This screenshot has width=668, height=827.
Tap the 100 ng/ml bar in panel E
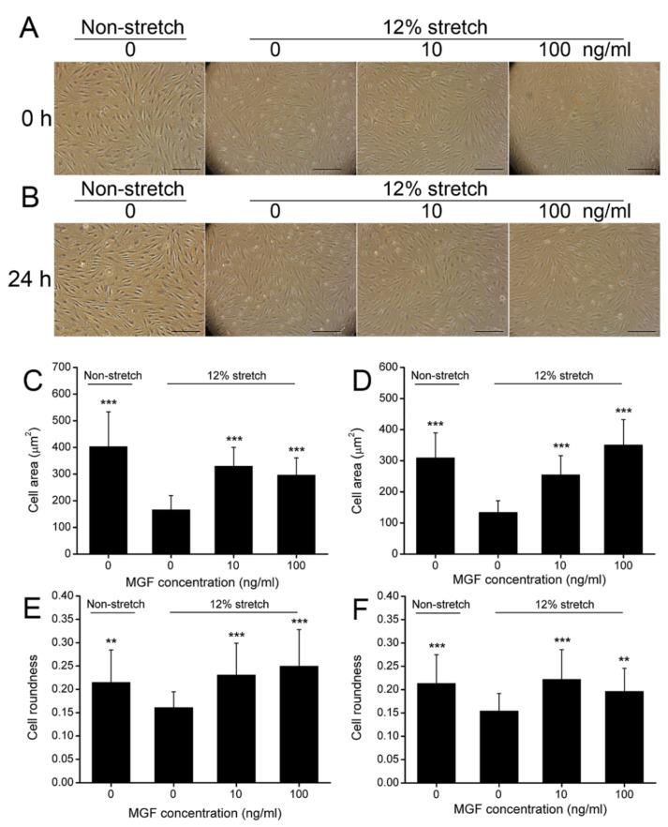(x=278, y=723)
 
